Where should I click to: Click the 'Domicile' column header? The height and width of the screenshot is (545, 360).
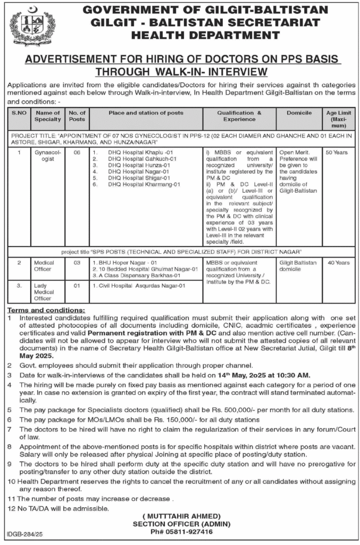(299, 113)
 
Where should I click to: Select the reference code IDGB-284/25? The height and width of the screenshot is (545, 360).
(25, 533)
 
